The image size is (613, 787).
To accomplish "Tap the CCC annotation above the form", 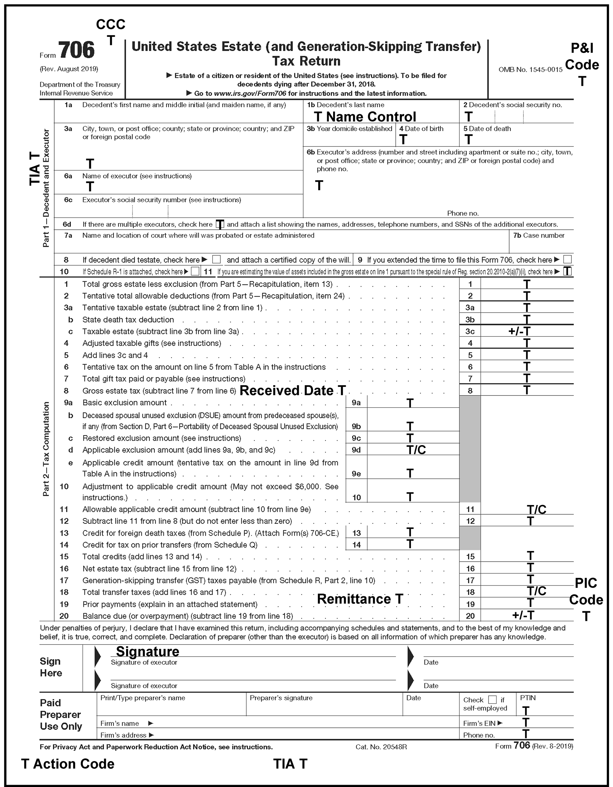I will click(110, 25).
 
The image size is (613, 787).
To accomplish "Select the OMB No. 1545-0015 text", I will click(530, 70).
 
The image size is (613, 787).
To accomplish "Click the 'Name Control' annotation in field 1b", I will click(371, 117).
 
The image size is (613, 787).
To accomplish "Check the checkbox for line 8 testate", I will click(216, 259).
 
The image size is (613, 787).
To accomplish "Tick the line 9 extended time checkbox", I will click(567, 259).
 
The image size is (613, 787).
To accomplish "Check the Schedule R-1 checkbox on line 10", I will click(195, 271).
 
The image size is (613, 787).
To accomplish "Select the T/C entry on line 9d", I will click(416, 450).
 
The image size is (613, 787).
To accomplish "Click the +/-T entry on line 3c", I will click(519, 331).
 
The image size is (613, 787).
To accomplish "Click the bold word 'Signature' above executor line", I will click(147, 652).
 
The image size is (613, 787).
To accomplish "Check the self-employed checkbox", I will click(492, 700).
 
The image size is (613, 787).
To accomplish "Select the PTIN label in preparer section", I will click(528, 698).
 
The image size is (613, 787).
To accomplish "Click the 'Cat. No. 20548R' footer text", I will click(381, 747).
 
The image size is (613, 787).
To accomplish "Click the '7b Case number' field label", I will click(538, 235).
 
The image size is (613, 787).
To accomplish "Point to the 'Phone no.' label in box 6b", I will click(463, 213).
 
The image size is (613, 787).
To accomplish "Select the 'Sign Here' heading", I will click(51, 667).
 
